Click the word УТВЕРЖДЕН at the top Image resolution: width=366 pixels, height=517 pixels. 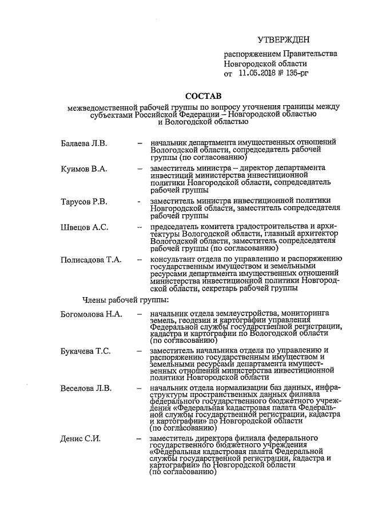click(284, 39)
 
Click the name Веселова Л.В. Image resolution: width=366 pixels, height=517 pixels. click(86, 389)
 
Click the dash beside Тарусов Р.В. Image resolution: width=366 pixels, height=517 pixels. click(140, 202)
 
